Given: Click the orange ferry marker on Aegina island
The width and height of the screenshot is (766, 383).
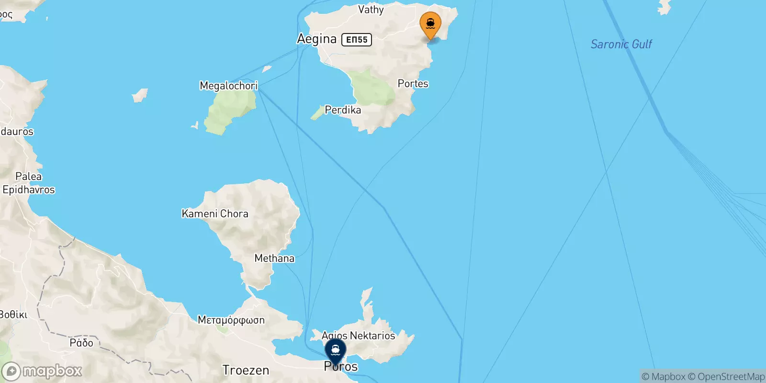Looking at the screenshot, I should (430, 24).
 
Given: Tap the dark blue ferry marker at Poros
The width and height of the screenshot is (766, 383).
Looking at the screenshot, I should (335, 351).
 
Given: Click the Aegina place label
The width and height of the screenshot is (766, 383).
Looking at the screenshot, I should (317, 39).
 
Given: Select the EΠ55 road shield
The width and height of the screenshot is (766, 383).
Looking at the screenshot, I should (357, 40).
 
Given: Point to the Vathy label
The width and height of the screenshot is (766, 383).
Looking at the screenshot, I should (371, 10).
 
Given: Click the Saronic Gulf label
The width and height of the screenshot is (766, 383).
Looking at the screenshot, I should (621, 45).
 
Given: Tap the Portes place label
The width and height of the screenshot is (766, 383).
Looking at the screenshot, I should (413, 84).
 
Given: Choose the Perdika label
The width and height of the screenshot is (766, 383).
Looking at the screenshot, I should (343, 110).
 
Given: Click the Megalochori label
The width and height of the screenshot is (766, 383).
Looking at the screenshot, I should (228, 86).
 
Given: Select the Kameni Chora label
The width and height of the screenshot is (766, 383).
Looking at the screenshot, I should (215, 214).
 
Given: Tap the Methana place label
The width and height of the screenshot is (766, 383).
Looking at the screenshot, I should (274, 259).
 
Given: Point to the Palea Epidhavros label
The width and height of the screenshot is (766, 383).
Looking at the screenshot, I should (29, 183).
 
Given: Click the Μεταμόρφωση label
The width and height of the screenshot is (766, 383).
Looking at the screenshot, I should (231, 320).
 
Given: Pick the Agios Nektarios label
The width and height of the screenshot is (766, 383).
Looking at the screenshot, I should (359, 336).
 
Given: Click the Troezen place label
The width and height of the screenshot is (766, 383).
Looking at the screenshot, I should (246, 370).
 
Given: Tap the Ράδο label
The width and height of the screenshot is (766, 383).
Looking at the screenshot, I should (81, 343).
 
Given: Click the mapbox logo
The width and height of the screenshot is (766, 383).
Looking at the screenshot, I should (42, 371).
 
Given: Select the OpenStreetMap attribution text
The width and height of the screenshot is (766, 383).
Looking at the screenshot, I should (726, 377).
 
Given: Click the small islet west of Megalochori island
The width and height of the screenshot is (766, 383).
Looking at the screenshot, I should (139, 95).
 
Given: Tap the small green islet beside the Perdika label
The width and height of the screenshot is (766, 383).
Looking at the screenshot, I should (316, 113).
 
